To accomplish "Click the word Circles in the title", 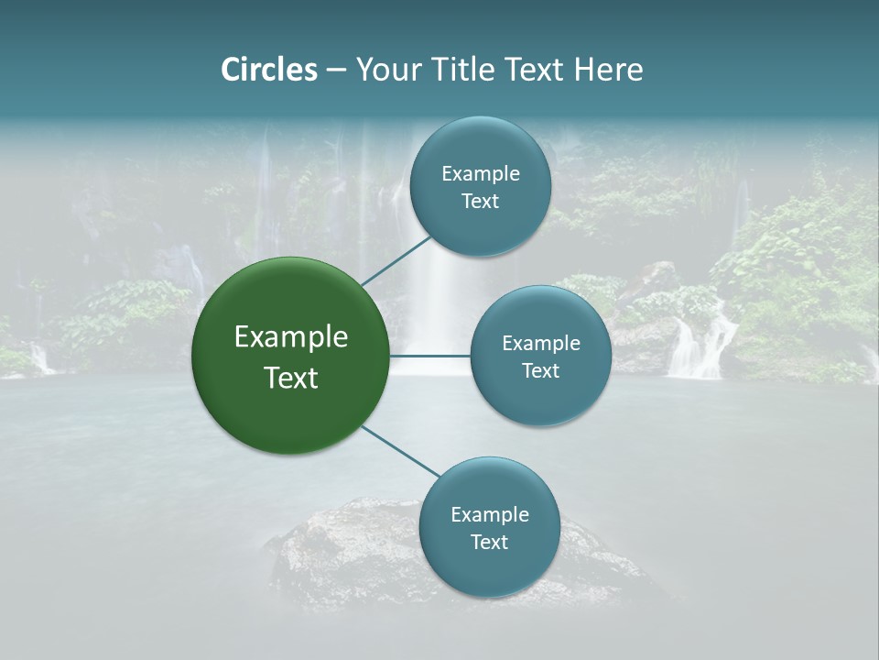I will (268, 70).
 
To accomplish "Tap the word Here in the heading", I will (608, 70).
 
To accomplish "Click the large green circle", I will (290, 356).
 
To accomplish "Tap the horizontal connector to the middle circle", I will (430, 356).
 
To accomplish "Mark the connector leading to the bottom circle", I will (400, 452).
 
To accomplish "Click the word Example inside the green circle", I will (291, 337).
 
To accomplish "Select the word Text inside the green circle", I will (291, 378).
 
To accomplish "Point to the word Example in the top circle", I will (481, 173).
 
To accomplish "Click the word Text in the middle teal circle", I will (540, 370).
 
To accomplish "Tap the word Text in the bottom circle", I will (489, 542).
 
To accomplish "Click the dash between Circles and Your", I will (335, 70).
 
